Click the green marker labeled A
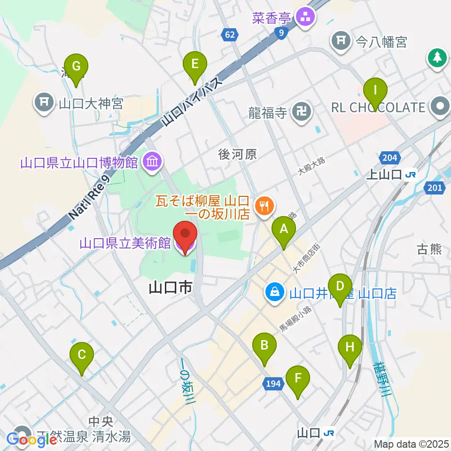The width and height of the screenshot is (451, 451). [x=284, y=229]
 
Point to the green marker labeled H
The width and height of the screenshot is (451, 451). [x=350, y=348]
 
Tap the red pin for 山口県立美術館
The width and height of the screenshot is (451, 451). [x=184, y=235]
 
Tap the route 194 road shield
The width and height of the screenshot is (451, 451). [x=273, y=384]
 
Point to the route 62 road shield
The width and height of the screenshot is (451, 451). [x=229, y=34]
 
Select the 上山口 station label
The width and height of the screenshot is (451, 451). [x=384, y=175]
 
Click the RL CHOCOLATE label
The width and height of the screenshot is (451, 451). [x=378, y=108]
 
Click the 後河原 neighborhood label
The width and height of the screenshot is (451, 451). [x=238, y=154]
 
